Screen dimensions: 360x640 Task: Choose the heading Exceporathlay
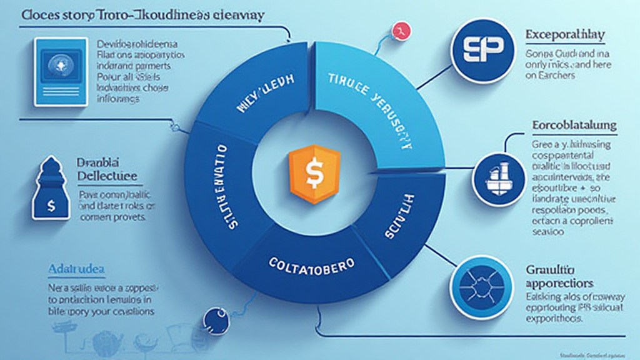[564, 34]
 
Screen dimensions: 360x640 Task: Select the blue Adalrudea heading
[76, 268]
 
